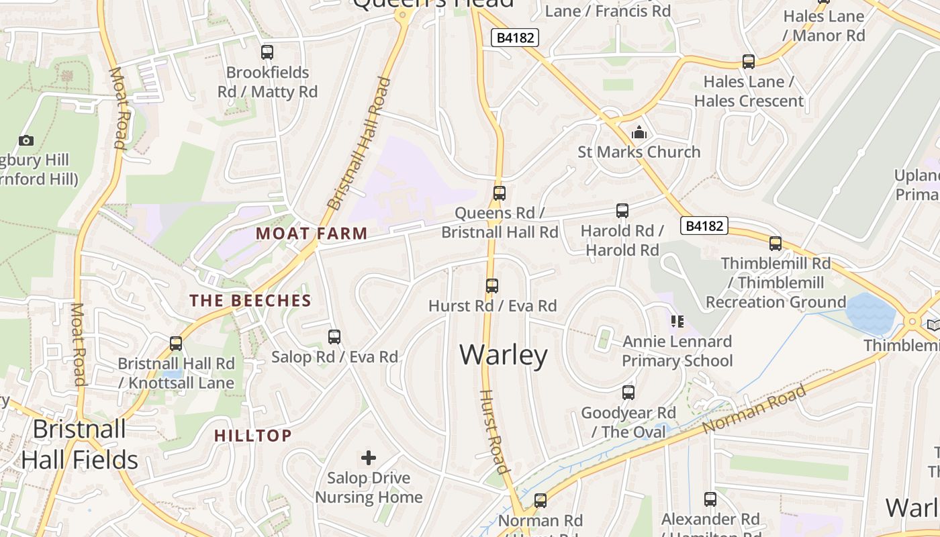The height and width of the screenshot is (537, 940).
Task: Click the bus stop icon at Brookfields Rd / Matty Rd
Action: point(267,52)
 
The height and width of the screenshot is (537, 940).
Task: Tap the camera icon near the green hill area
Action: point(26,140)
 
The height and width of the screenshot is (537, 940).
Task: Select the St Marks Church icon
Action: point(639,132)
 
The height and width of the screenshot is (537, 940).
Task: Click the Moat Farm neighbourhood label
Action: point(312,234)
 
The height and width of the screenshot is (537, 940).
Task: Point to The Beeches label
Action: point(250,300)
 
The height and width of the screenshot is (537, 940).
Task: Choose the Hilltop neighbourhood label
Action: point(253,436)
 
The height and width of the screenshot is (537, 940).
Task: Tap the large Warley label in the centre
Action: point(504,354)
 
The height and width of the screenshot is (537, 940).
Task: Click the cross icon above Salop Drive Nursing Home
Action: point(369,458)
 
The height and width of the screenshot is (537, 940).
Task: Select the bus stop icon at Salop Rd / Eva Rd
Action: point(334,336)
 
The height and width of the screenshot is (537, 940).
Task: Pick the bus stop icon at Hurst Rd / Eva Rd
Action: point(492,285)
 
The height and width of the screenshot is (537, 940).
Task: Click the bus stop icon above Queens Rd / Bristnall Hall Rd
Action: point(499,193)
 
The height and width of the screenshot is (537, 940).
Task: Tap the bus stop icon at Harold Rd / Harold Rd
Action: point(622,210)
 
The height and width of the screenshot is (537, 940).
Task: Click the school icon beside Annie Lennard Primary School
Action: point(677,322)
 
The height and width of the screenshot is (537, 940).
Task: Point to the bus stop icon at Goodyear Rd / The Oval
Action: point(628,392)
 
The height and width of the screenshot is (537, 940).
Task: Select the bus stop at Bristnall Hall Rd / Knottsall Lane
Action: point(176,343)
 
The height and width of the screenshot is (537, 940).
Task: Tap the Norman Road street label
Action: point(753,409)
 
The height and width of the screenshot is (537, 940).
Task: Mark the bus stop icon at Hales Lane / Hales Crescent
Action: point(749,62)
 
